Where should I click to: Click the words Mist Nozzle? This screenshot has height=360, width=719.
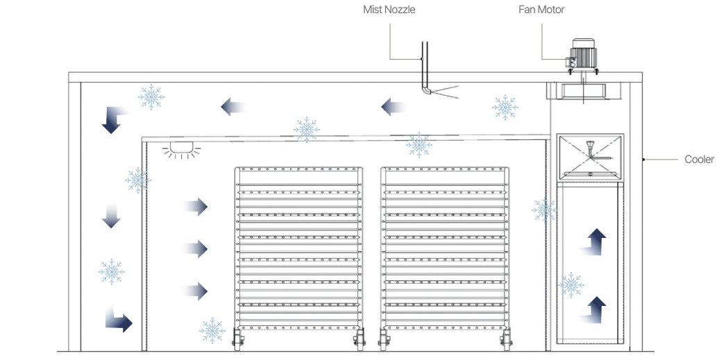[x=389, y=10]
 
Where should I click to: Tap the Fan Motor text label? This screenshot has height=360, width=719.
[x=541, y=10]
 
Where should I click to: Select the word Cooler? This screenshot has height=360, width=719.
[x=699, y=160]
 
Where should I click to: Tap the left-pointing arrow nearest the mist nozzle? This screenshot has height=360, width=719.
[x=393, y=107]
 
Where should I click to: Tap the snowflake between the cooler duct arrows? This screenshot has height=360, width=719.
[x=570, y=284]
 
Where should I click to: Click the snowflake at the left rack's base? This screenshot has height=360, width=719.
[x=212, y=330]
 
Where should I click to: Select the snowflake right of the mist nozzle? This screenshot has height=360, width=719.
[x=505, y=108]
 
